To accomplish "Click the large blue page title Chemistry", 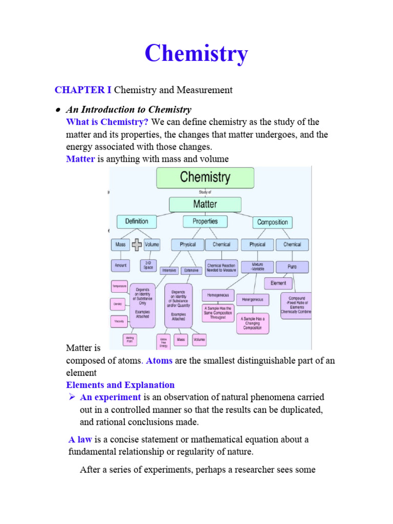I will tap(196, 54).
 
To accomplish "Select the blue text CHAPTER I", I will tap(83, 90).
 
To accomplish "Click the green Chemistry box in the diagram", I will tap(205, 178).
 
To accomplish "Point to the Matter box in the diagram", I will tap(205, 204).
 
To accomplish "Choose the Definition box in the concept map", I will tap(137, 222).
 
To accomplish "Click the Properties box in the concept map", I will tap(205, 222).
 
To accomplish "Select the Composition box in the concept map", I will tap(272, 222).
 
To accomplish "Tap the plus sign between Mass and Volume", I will tap(137, 245).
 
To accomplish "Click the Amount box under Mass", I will tap(120, 266).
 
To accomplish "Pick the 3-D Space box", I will tap(148, 266).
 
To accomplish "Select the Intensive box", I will tap(169, 270).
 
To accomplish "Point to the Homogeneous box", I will tap(218, 295).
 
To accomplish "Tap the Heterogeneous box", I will tap(252, 299).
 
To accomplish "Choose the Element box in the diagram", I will tap(278, 283).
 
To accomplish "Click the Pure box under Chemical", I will tap(293, 267).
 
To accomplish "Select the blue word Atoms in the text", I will tap(160, 361).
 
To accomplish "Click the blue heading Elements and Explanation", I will tap(120, 385).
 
